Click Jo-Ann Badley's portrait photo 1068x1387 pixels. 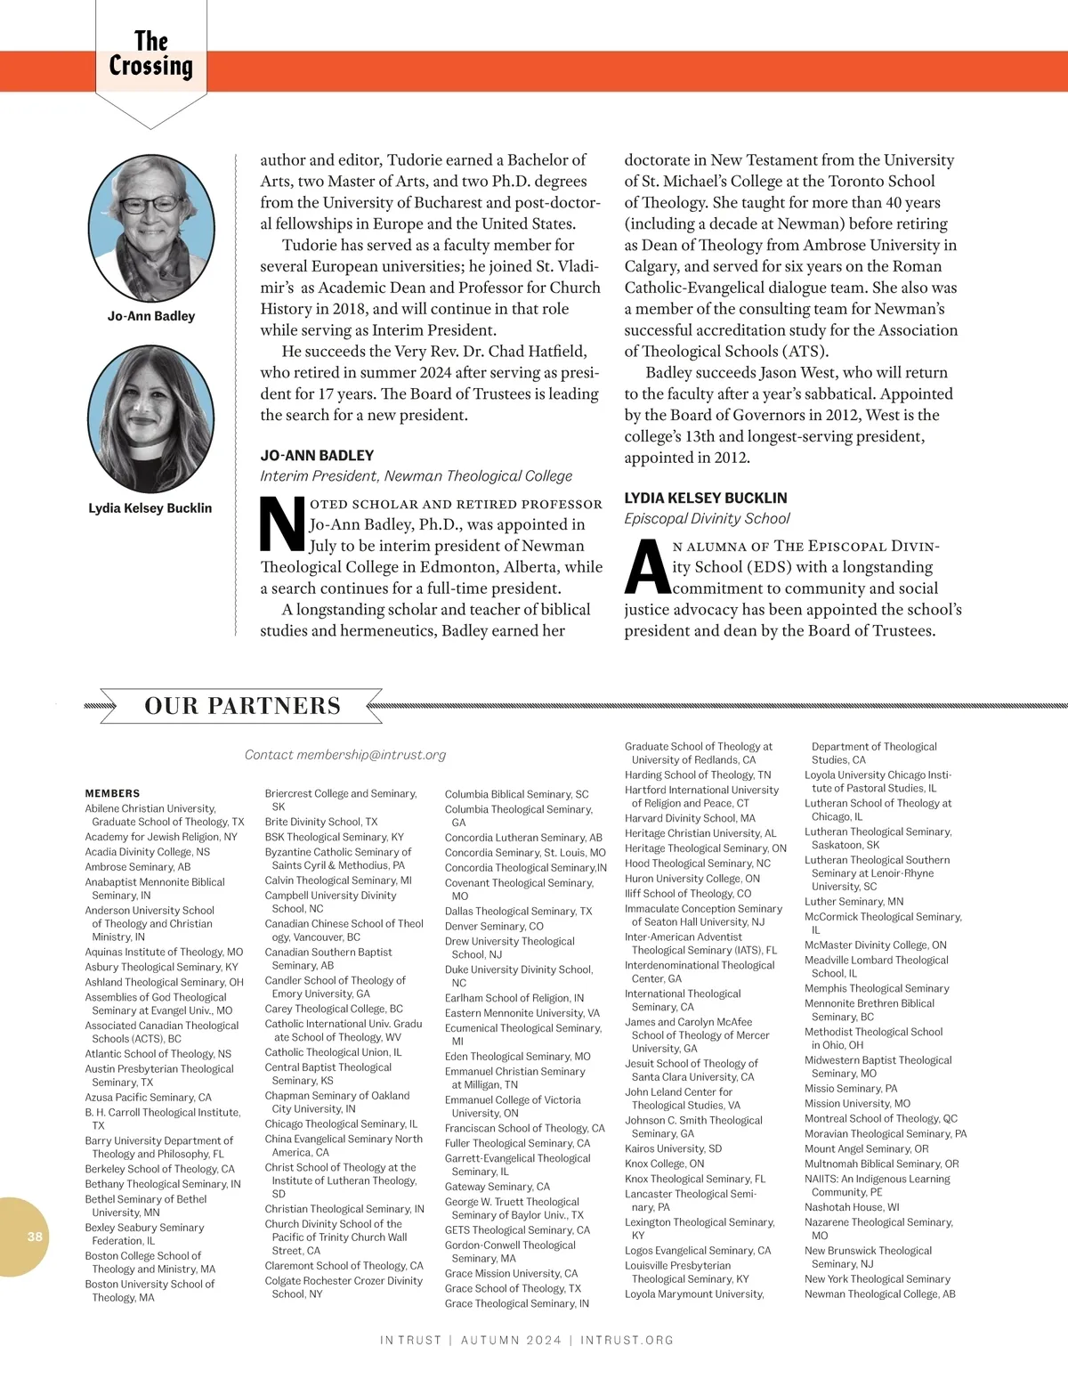[151, 228]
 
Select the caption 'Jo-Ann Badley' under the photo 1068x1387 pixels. [151, 316]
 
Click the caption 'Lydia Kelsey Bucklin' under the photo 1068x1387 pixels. [150, 508]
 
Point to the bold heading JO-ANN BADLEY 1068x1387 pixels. [317, 455]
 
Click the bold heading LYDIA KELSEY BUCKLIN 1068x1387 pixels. [706, 498]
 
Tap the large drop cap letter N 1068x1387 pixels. [282, 525]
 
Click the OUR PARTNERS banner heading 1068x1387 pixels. [242, 706]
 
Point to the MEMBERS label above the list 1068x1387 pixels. [112, 793]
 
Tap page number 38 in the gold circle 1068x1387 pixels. [35, 1236]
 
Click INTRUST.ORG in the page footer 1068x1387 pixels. [627, 1340]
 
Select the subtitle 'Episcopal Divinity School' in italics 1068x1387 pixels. [707, 519]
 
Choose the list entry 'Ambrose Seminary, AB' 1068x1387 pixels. [138, 867]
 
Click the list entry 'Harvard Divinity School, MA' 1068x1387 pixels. [690, 818]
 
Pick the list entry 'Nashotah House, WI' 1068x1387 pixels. [852, 1207]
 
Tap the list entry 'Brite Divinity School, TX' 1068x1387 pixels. [321, 822]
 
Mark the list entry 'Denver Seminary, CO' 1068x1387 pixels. [494, 926]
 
